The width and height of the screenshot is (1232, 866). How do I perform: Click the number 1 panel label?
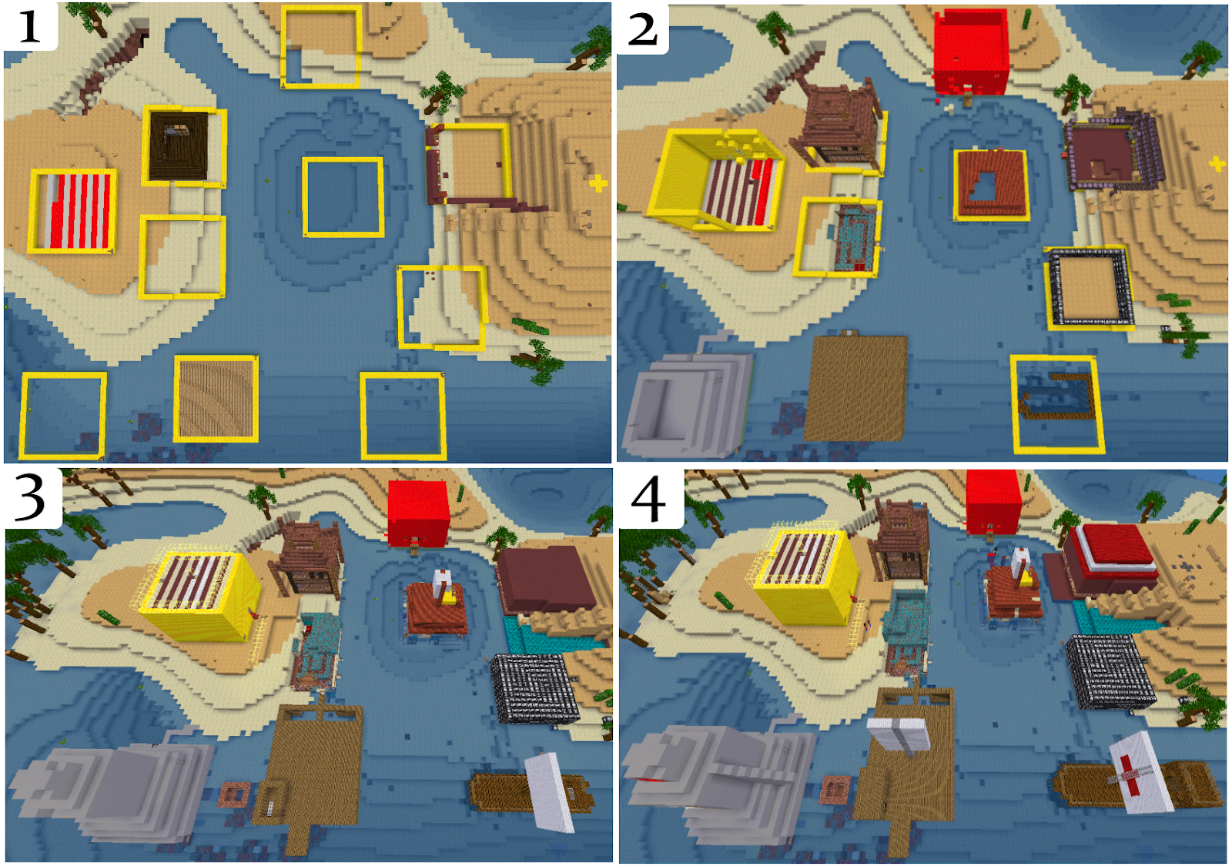tap(29, 26)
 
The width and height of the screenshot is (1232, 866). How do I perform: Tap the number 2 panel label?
tap(642, 28)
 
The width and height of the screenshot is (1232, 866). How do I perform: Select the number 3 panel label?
tap(30, 497)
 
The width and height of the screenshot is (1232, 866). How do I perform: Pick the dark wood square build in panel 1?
tap(179, 145)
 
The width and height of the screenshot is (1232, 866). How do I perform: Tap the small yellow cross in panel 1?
tap(598, 184)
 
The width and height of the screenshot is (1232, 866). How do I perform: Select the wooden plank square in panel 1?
tap(216, 399)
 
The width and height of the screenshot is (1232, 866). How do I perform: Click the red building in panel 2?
tap(972, 52)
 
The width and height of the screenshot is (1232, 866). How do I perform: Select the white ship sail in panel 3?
tap(550, 791)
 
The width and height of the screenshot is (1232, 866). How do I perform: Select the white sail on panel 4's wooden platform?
tap(899, 735)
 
